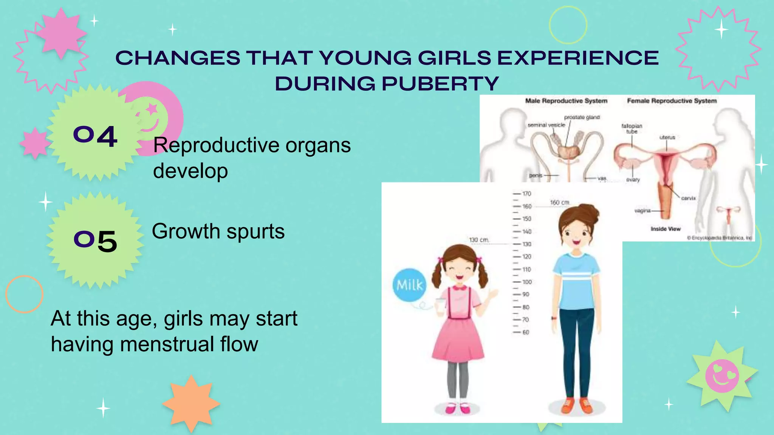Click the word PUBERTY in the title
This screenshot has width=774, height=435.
[440, 83]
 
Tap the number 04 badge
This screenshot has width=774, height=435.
[95, 136]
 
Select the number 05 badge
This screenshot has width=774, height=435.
[95, 241]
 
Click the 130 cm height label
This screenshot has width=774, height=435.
[479, 240]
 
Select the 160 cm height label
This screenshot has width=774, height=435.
[559, 202]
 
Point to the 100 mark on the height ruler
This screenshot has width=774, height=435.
[527, 282]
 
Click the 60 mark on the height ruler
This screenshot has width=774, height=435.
[525, 332]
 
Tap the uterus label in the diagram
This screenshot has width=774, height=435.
[667, 137]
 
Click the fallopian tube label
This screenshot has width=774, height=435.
[632, 129]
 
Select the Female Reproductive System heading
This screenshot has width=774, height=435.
[672, 101]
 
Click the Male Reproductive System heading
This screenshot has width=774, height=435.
[566, 101]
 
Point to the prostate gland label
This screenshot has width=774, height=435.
[582, 117]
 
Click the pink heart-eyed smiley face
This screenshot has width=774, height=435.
[722, 376]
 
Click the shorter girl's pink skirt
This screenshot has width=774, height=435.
[458, 340]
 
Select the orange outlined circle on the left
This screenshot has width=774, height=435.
[25, 294]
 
